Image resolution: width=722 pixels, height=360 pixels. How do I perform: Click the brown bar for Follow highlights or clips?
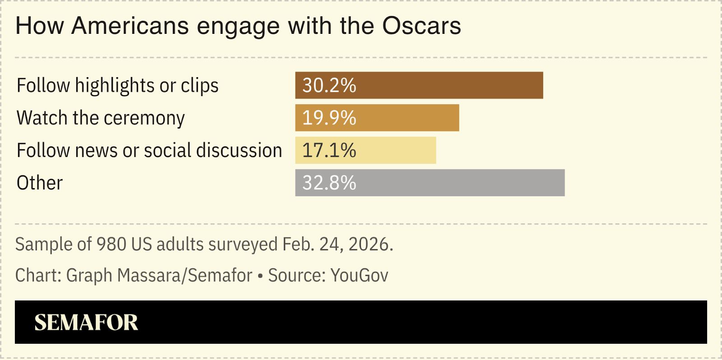tap(419, 85)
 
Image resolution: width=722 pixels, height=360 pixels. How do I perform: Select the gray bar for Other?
tap(430, 183)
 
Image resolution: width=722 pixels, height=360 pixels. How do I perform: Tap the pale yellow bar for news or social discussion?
tap(366, 150)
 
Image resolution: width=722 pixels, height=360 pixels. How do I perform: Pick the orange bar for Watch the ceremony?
tap(377, 118)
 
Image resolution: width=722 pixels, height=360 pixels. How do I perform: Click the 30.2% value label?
tap(329, 85)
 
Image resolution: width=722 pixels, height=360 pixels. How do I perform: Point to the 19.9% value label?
tap(329, 118)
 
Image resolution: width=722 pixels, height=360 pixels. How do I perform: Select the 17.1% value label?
tap(329, 150)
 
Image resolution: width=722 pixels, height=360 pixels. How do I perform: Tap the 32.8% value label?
tap(329, 183)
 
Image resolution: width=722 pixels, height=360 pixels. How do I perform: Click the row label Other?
tap(39, 183)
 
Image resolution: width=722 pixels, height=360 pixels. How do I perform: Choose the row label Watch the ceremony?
tap(101, 118)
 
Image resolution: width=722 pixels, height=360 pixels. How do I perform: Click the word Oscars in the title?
tap(421, 26)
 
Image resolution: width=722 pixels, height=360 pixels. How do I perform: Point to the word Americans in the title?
tap(130, 26)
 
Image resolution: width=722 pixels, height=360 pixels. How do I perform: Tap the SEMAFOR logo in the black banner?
tap(86, 322)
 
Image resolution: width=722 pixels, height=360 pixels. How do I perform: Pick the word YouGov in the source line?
tap(359, 275)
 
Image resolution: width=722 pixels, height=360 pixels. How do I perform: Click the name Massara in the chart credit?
tap(149, 275)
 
